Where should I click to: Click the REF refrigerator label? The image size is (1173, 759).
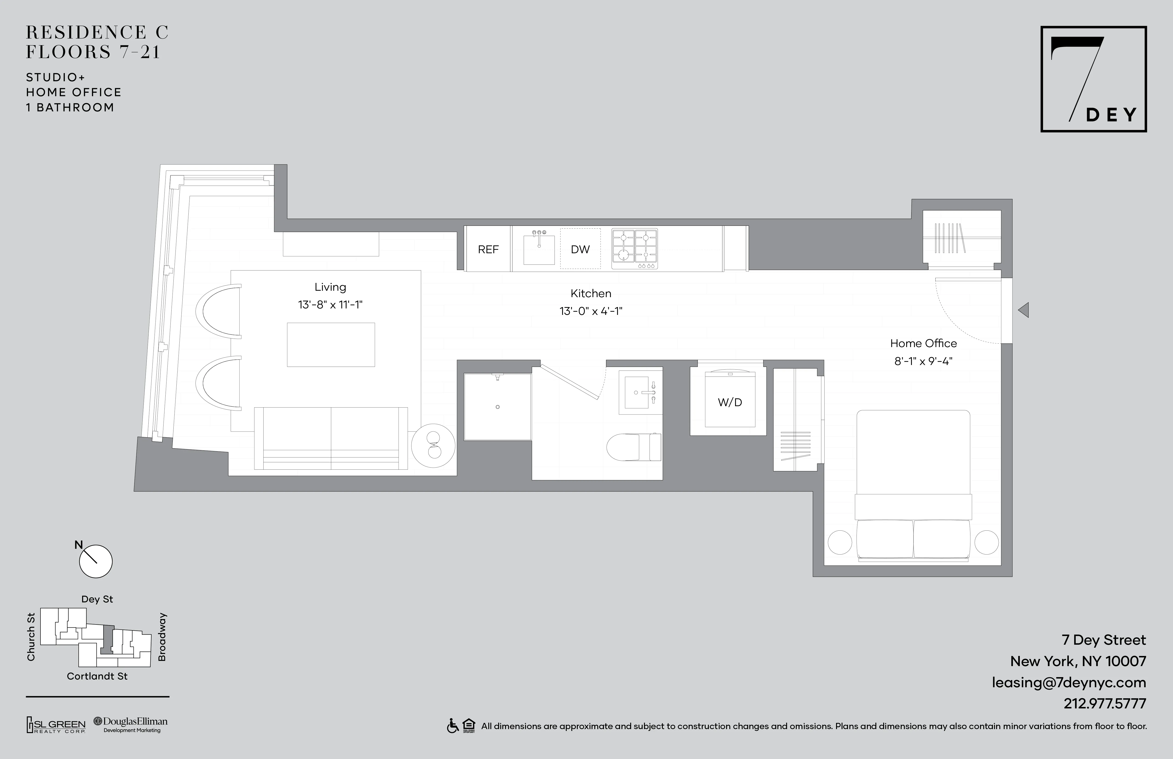(x=488, y=249)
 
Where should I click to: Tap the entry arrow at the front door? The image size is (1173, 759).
(x=1024, y=310)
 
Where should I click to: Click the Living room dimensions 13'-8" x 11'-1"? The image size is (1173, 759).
(x=330, y=305)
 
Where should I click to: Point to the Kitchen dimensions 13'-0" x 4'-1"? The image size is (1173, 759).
(x=591, y=311)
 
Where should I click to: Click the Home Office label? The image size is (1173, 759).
(x=923, y=344)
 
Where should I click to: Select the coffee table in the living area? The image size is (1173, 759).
(x=331, y=345)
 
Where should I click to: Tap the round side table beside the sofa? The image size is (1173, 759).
(x=433, y=446)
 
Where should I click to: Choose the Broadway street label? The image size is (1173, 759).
(x=162, y=637)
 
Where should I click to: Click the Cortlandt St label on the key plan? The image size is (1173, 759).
(x=97, y=676)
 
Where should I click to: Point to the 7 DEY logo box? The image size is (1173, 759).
(x=1093, y=79)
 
